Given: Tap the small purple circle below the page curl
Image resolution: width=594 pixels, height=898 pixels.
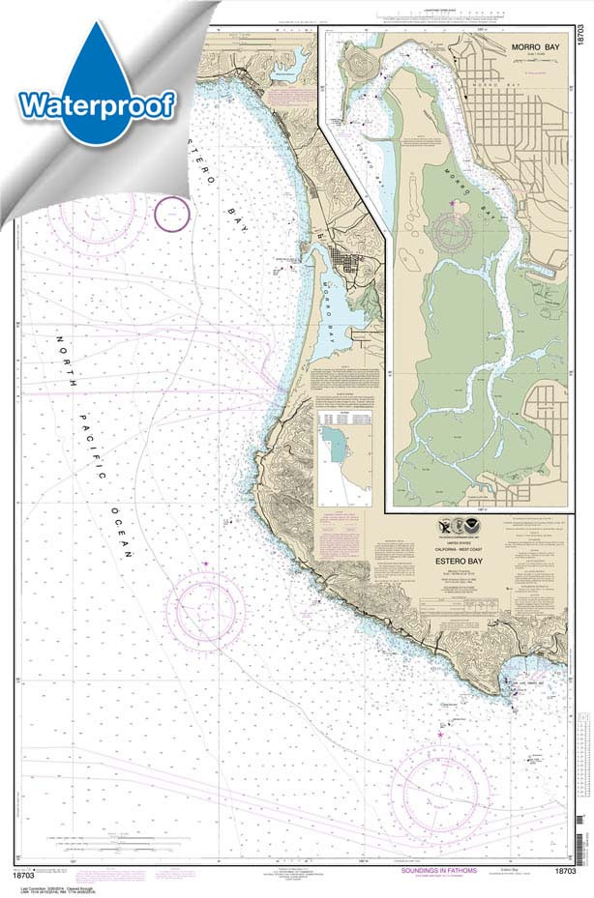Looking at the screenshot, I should tap(173, 214).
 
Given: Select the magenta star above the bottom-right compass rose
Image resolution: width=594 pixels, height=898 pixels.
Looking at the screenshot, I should tap(440, 736).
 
